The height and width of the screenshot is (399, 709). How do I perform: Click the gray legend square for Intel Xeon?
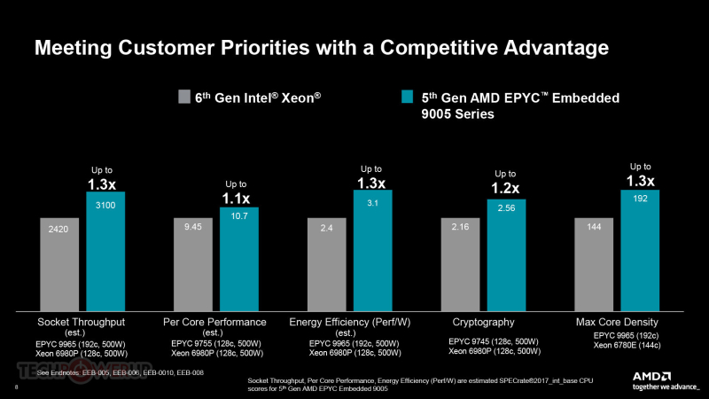[184, 98]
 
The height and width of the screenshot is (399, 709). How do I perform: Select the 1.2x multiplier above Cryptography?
[506, 188]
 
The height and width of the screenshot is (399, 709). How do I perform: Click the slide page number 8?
[17, 388]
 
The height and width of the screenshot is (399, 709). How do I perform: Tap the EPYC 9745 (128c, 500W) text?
[492, 340]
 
